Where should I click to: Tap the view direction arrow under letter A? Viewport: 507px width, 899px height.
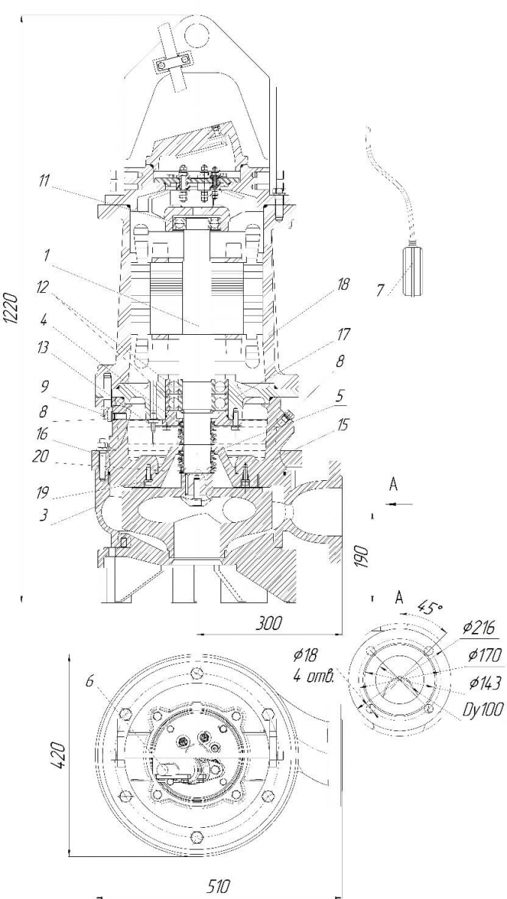pyautogui.click(x=400, y=503)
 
